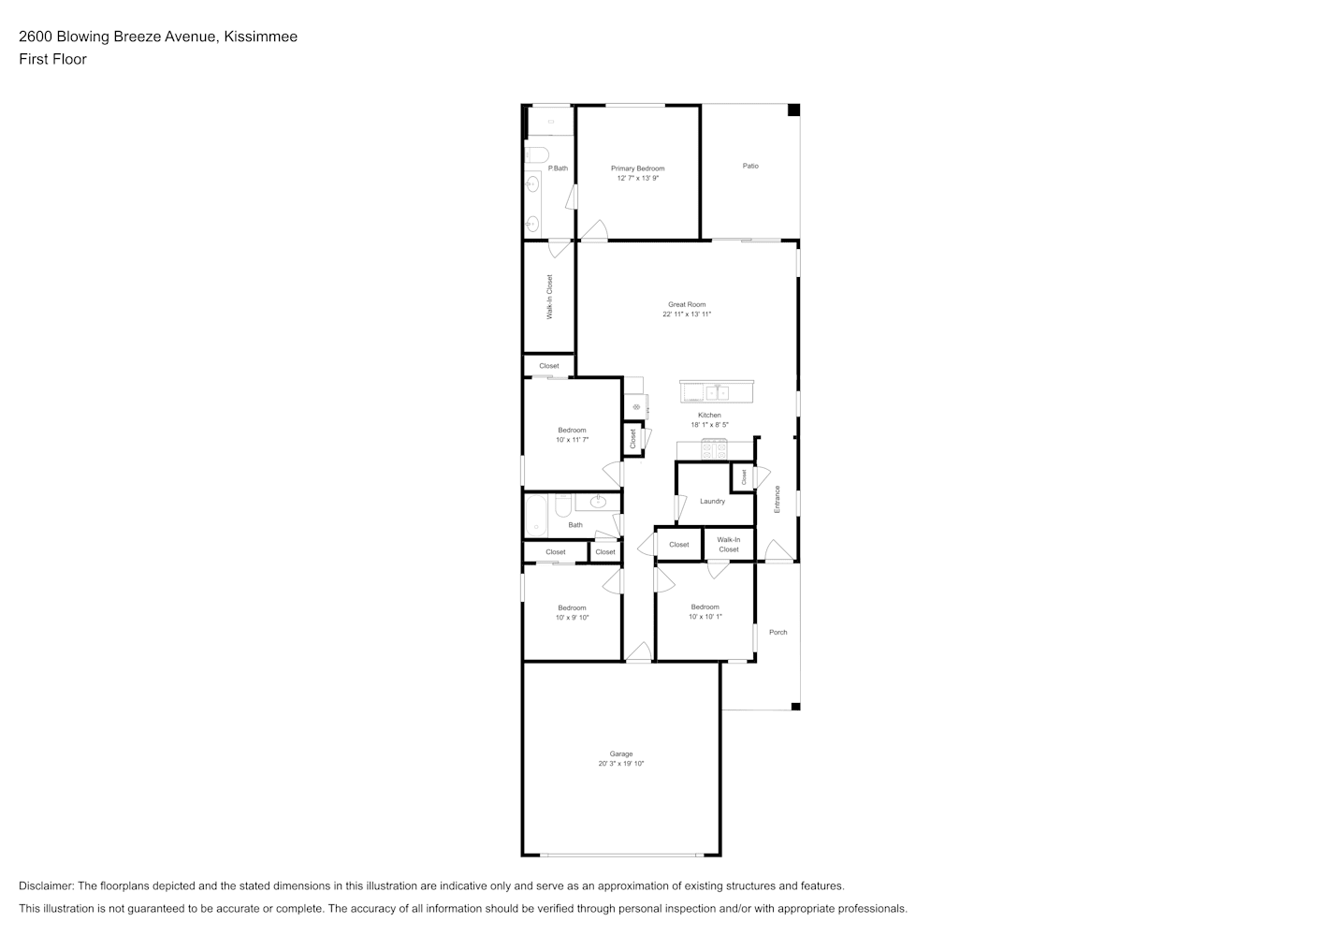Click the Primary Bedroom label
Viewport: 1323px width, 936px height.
coord(637,168)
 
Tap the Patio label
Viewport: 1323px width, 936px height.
coord(750,166)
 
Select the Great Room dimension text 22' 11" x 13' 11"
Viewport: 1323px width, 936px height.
coord(687,314)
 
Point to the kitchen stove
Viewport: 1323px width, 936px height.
coord(714,449)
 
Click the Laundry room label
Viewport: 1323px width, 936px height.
coord(712,501)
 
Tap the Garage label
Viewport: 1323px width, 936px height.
coord(620,754)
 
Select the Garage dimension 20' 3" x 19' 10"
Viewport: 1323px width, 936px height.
coord(620,764)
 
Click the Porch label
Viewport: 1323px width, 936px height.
coord(778,633)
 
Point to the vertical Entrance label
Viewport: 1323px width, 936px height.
coord(778,499)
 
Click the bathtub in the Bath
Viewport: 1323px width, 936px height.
coord(536,516)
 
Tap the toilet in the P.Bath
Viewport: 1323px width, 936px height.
coord(537,154)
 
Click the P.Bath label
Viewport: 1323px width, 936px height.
coord(558,168)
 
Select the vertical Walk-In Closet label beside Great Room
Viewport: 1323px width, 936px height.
coord(549,297)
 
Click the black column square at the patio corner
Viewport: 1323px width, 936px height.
coord(793,110)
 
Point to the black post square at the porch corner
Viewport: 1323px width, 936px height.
coord(795,707)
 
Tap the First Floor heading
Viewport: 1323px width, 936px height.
coord(52,59)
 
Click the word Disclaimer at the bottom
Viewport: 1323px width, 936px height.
coord(46,886)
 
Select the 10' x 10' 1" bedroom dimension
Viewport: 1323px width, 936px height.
coord(705,617)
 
